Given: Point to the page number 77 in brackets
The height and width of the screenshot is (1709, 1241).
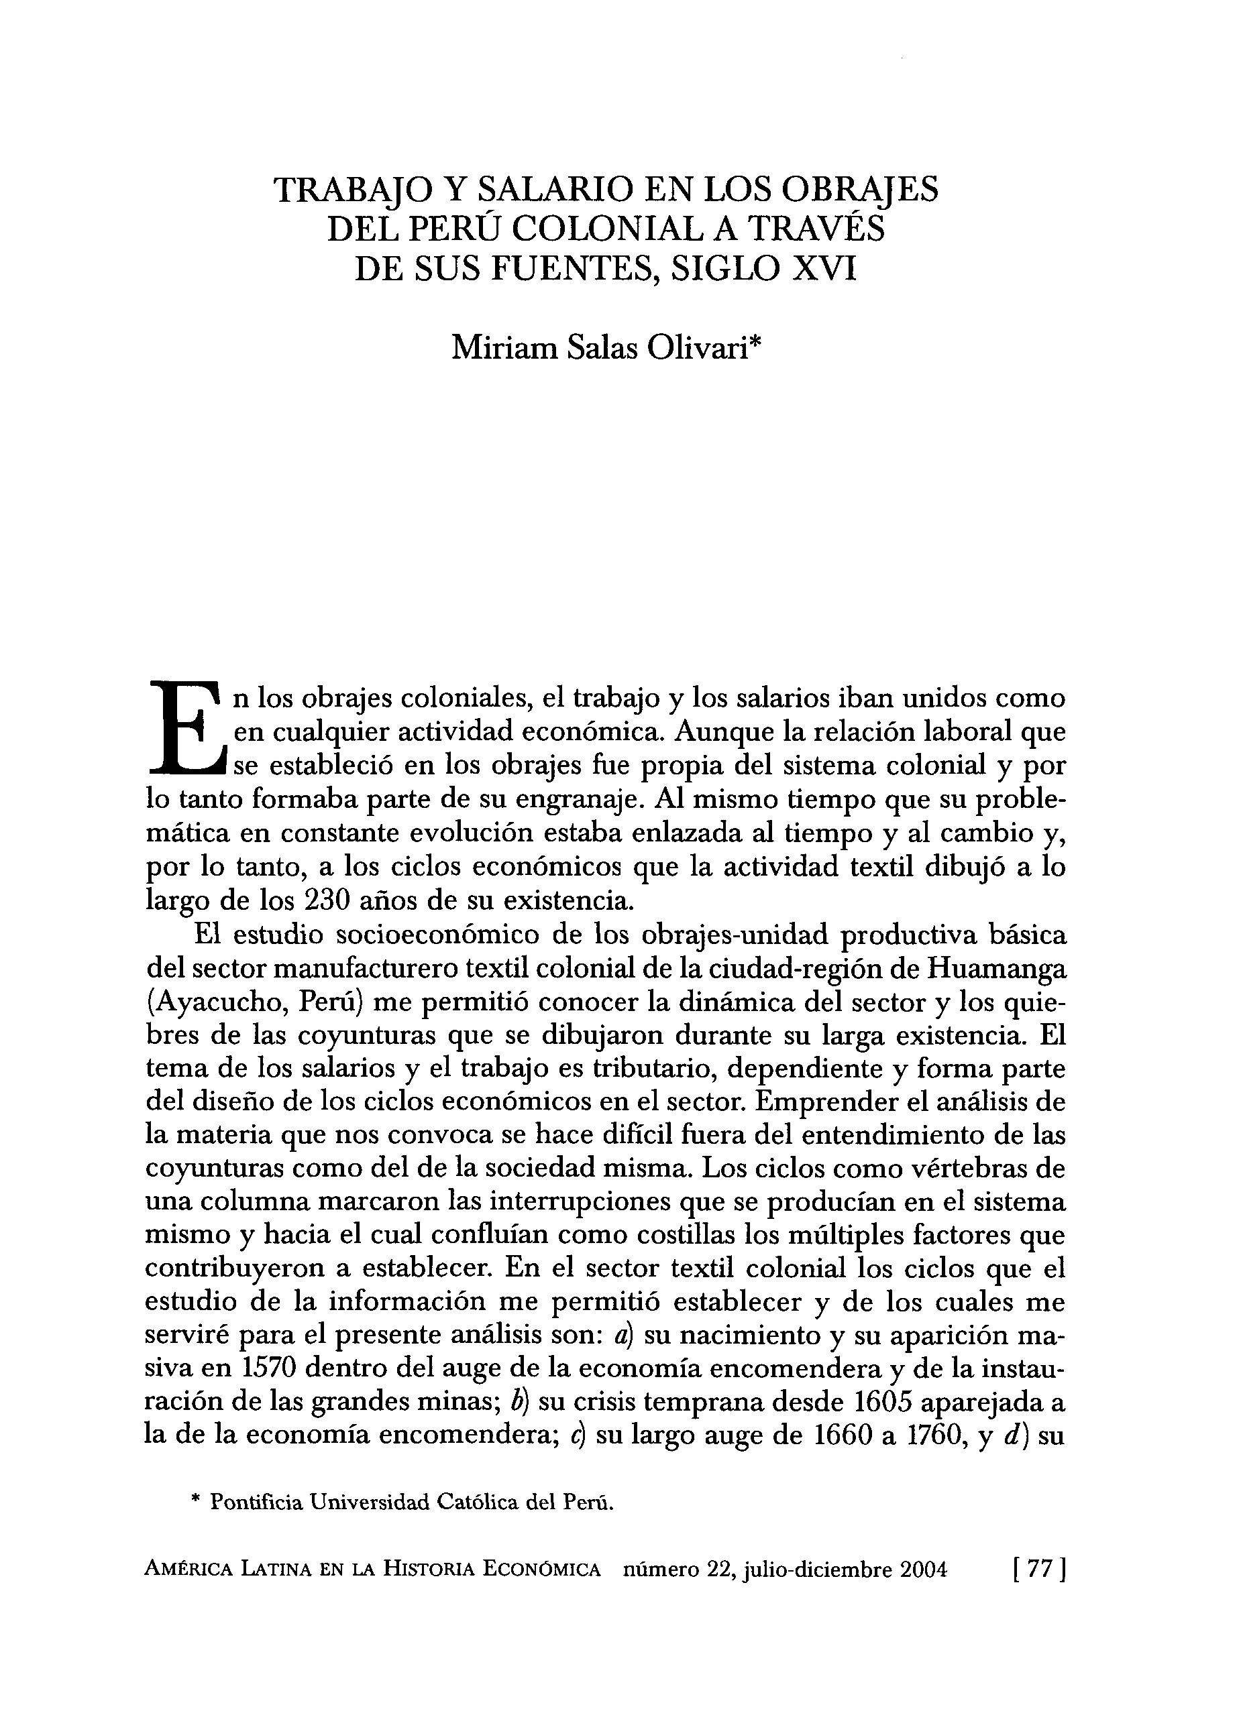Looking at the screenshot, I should tap(1040, 1592).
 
